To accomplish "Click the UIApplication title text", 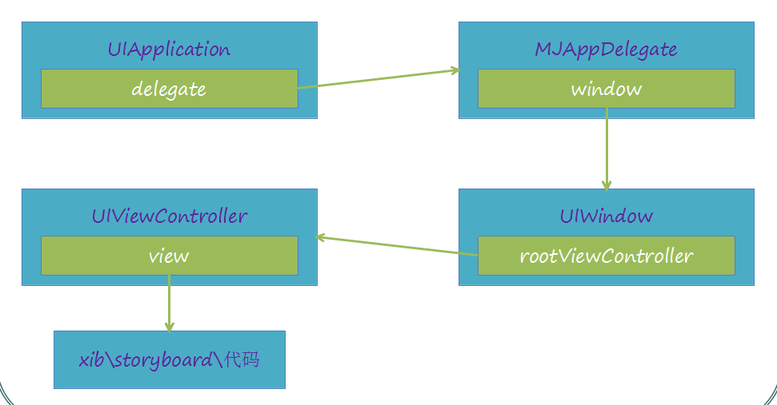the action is coord(169,50).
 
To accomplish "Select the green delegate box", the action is coord(170,89).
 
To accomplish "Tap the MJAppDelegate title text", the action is coord(606,50).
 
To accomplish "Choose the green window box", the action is coord(607,89).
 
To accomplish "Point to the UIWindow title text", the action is coord(607,216).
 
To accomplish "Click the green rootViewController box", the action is coord(607,256).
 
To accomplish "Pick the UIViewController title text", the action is coord(170,216).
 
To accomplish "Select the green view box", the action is coord(170,256).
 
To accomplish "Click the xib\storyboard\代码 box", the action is coord(170,359).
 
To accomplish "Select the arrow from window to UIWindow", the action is coord(607,149).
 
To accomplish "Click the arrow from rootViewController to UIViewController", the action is coord(397,246).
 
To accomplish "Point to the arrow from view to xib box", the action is coord(170,304).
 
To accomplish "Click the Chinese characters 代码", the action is coord(242,359).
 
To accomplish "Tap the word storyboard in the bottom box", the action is coord(164,360).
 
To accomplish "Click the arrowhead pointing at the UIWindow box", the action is coord(607,186).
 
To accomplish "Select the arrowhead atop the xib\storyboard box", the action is coord(170,328).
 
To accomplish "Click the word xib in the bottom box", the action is coord(92,359).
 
